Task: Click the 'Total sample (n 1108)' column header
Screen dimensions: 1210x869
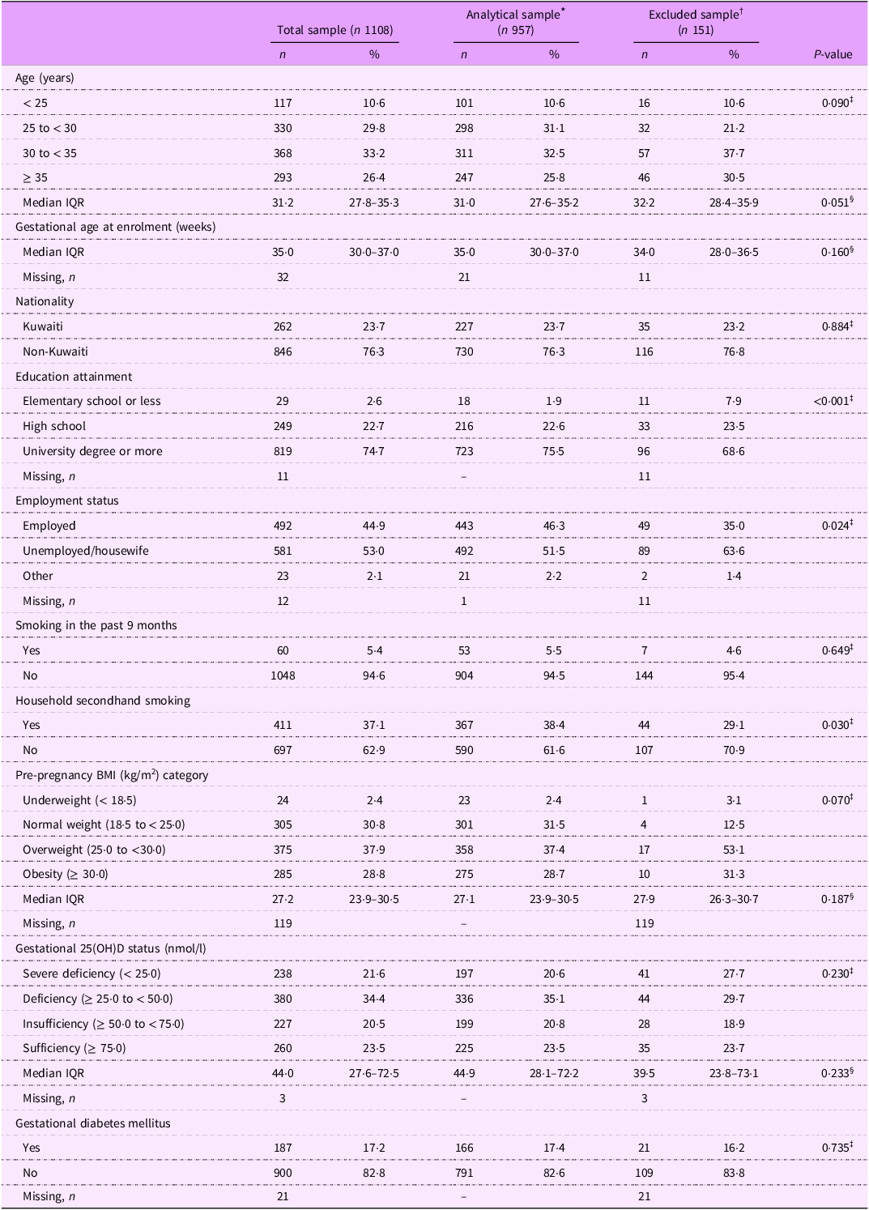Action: [334, 30]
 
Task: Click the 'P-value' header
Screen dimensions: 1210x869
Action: [833, 54]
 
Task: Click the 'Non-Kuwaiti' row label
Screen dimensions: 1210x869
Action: [55, 351]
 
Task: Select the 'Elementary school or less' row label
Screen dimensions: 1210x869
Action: [92, 401]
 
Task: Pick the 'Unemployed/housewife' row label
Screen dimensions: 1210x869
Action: [86, 551]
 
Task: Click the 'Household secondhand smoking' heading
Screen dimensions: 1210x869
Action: [103, 701]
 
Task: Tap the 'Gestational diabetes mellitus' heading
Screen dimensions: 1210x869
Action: [92, 1123]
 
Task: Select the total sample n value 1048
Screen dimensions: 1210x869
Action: [282, 675]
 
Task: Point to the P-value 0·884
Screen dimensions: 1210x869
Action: [832, 326]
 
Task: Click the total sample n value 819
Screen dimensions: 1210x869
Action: [282, 451]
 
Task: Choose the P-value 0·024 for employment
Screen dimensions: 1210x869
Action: [832, 526]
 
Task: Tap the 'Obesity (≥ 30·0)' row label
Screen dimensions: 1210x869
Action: [66, 874]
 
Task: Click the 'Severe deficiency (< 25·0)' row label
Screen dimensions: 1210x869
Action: [92, 974]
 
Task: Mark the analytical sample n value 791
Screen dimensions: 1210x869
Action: [463, 1173]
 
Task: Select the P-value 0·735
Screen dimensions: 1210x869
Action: [832, 1148]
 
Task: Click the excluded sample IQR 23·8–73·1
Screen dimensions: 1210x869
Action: [734, 1073]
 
